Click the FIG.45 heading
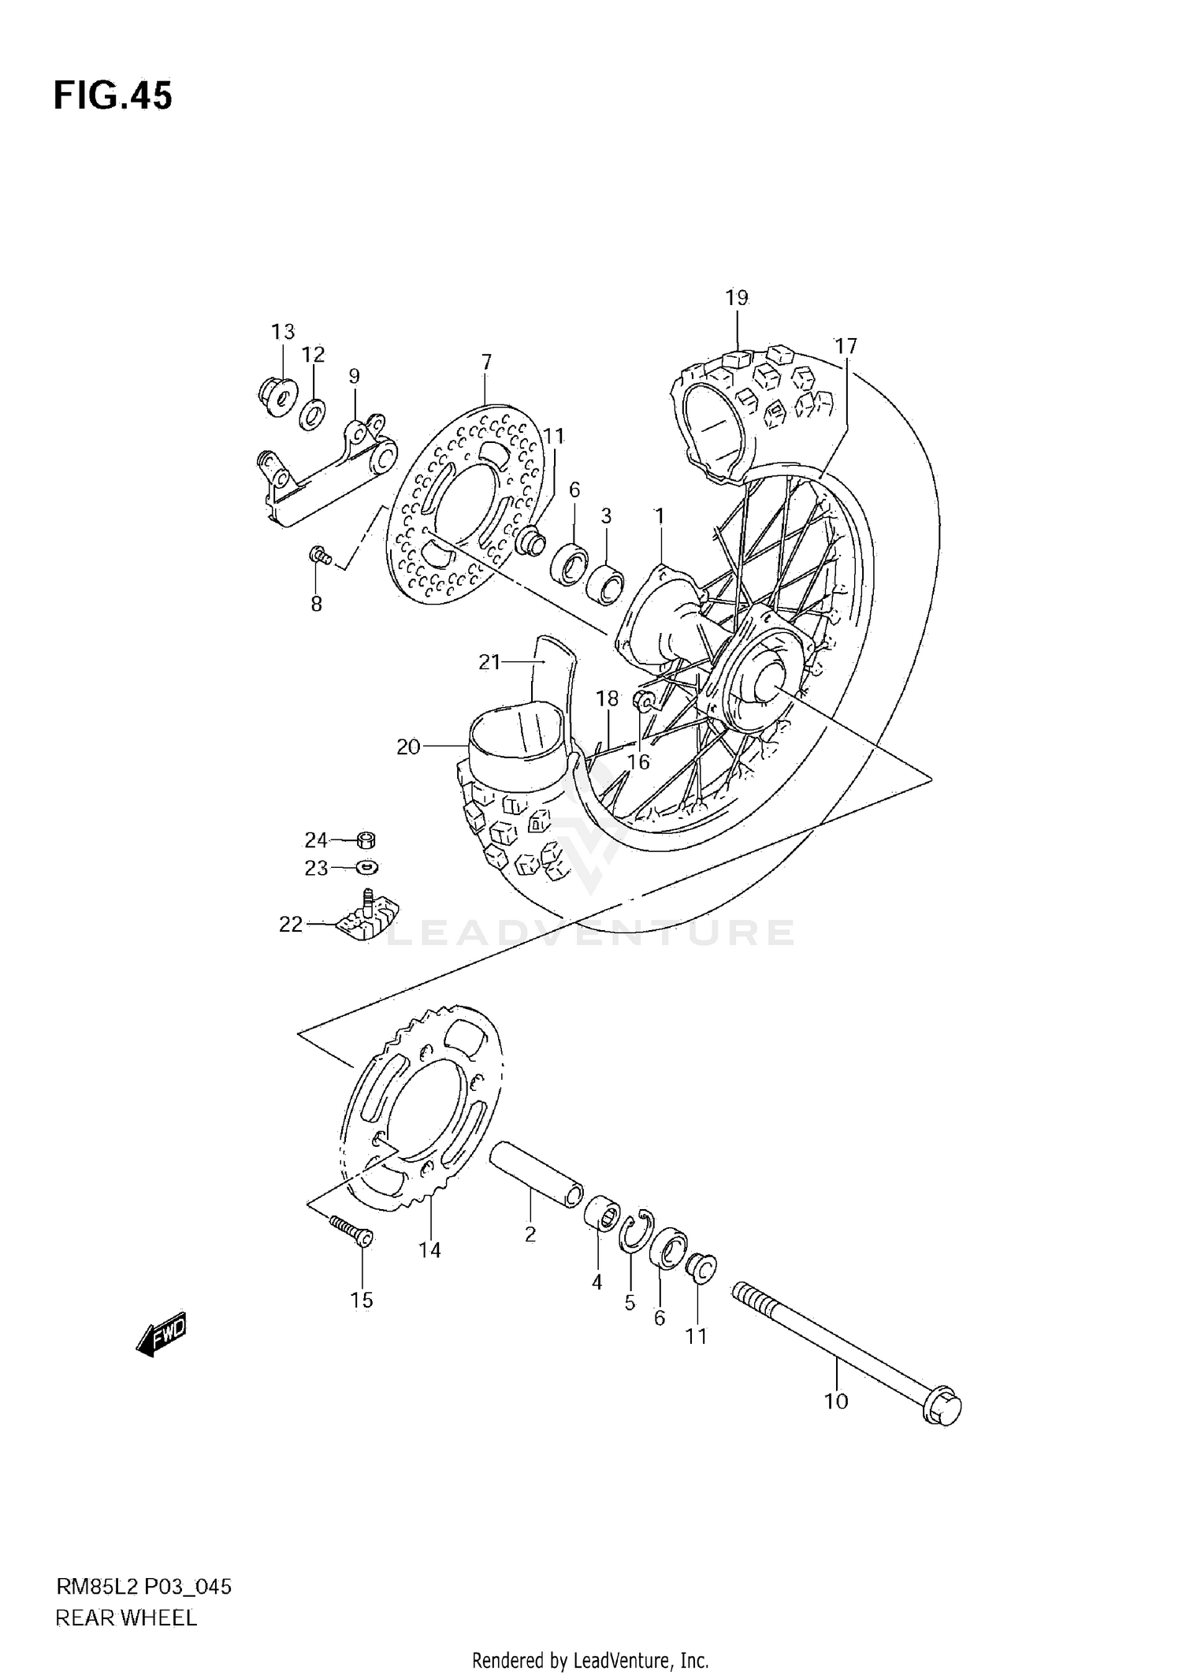(113, 96)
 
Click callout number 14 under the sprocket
(429, 1250)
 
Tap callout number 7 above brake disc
(486, 362)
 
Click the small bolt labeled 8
(320, 556)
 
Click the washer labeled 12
(313, 414)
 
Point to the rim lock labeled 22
(366, 918)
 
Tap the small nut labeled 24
(366, 839)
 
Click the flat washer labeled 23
(366, 867)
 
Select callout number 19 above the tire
(736, 298)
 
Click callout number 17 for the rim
(846, 346)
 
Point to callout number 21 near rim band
(489, 662)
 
